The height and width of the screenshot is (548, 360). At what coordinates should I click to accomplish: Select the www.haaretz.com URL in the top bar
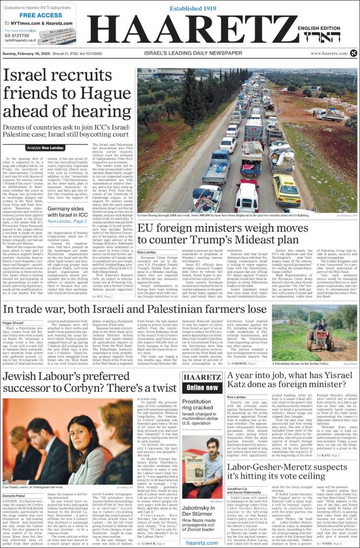[x=329, y=53]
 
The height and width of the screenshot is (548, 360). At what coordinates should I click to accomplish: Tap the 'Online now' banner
[x=202, y=387]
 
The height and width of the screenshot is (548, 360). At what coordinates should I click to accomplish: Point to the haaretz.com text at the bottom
[x=202, y=542]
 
